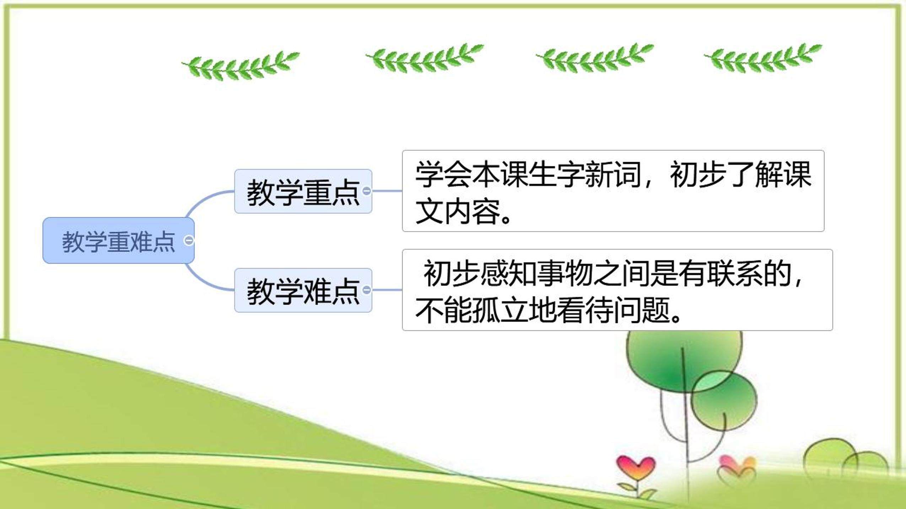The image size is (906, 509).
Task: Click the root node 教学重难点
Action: [x=118, y=240]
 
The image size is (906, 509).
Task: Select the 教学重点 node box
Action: [x=303, y=191]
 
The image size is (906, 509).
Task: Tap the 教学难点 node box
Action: [x=303, y=290]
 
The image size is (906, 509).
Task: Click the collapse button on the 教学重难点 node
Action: [x=189, y=240]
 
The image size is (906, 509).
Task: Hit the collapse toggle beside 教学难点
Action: [x=366, y=290]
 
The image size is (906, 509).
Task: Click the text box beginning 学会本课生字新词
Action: [x=613, y=191]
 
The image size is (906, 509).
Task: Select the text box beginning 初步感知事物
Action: [x=617, y=290]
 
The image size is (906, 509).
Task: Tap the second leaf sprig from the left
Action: [x=424, y=59]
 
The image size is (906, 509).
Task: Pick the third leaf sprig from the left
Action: [x=594, y=59]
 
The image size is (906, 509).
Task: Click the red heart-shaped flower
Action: [x=636, y=468]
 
